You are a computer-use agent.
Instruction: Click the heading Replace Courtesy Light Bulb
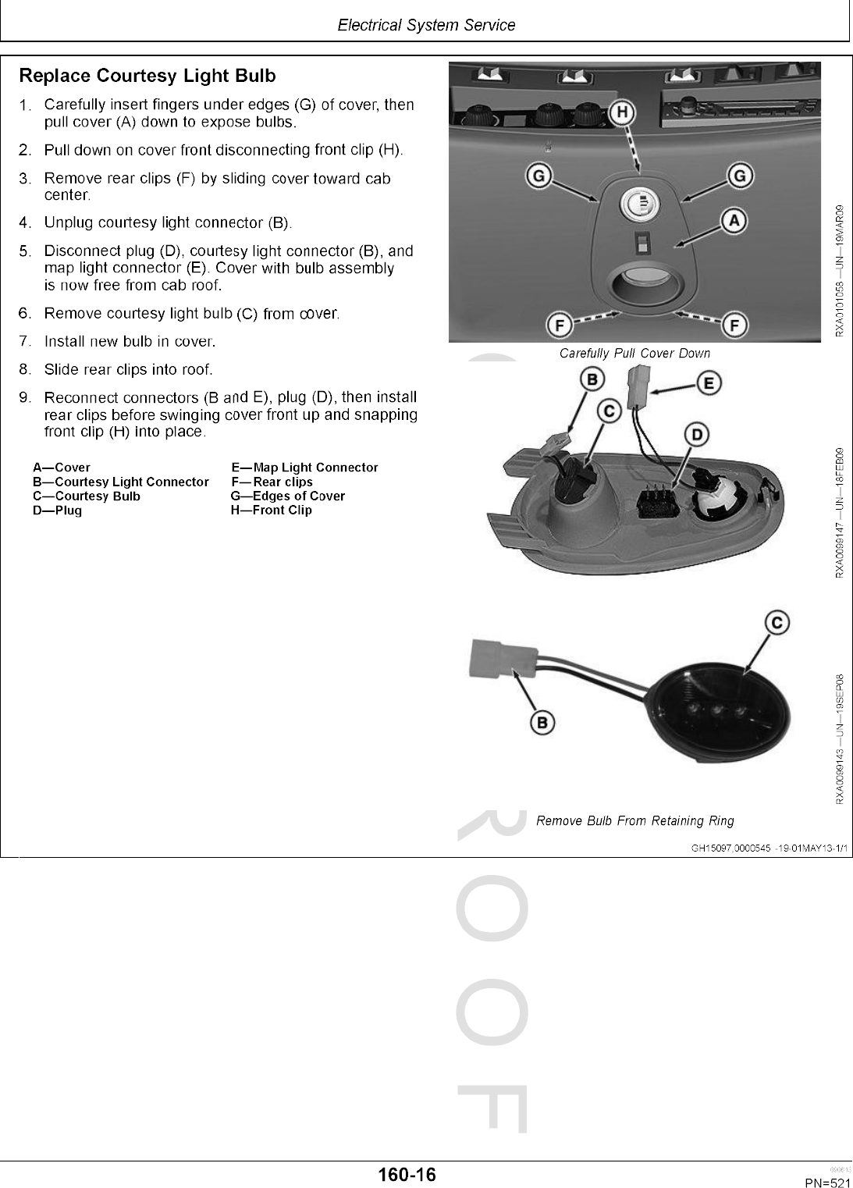pos(147,76)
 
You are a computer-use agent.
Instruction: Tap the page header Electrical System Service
pos(426,25)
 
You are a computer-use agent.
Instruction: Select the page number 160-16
pos(407,1174)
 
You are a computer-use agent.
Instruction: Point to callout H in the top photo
pos(622,113)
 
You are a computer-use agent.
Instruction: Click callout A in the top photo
pos(734,221)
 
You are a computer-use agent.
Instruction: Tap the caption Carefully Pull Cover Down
pos(634,354)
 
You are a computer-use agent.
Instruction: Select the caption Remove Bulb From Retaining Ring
pos(634,820)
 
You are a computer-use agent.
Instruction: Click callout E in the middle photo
pos(709,383)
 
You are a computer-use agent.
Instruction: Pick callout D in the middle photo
pos(696,434)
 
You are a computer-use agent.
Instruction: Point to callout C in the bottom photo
pos(777,623)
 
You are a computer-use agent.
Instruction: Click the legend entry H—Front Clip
pos(271,510)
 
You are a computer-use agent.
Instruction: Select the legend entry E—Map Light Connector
pos(304,468)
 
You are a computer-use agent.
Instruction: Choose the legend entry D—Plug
pos(57,510)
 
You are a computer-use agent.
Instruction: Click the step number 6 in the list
pos(25,313)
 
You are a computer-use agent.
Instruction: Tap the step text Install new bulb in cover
pos(130,341)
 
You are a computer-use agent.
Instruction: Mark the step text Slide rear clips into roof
pos(128,369)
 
